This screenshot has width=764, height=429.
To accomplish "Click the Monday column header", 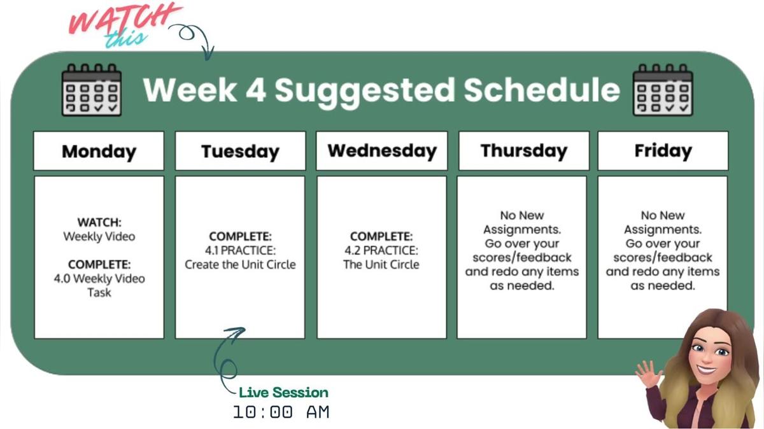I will pos(99,151).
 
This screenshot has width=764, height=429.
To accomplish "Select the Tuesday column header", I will pos(240,151).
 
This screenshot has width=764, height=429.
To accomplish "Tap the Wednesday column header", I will pos(381,151).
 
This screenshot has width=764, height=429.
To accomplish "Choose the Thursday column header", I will pos(523,151).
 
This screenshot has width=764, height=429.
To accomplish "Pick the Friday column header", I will pos(662,151).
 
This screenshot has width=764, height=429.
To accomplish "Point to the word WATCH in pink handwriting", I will pos(124,19).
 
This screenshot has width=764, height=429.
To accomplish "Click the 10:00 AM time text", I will pos(281,412).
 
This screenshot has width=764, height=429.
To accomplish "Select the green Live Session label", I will pos(283,392).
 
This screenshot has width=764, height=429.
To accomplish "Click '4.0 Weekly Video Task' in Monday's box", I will pos(99,285).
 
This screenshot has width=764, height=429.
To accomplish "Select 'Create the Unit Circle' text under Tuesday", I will pos(240,264).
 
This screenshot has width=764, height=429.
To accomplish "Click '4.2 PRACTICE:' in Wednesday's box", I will pos(381,250).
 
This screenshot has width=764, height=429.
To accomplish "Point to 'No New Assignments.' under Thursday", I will pos(522,222).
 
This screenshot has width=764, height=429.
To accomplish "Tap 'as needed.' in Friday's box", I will pos(662,286).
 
